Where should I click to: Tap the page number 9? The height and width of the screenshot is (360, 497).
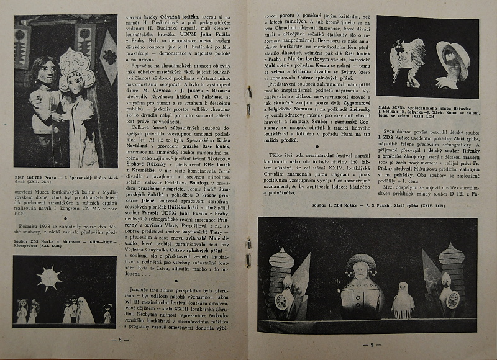click(372, 344)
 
